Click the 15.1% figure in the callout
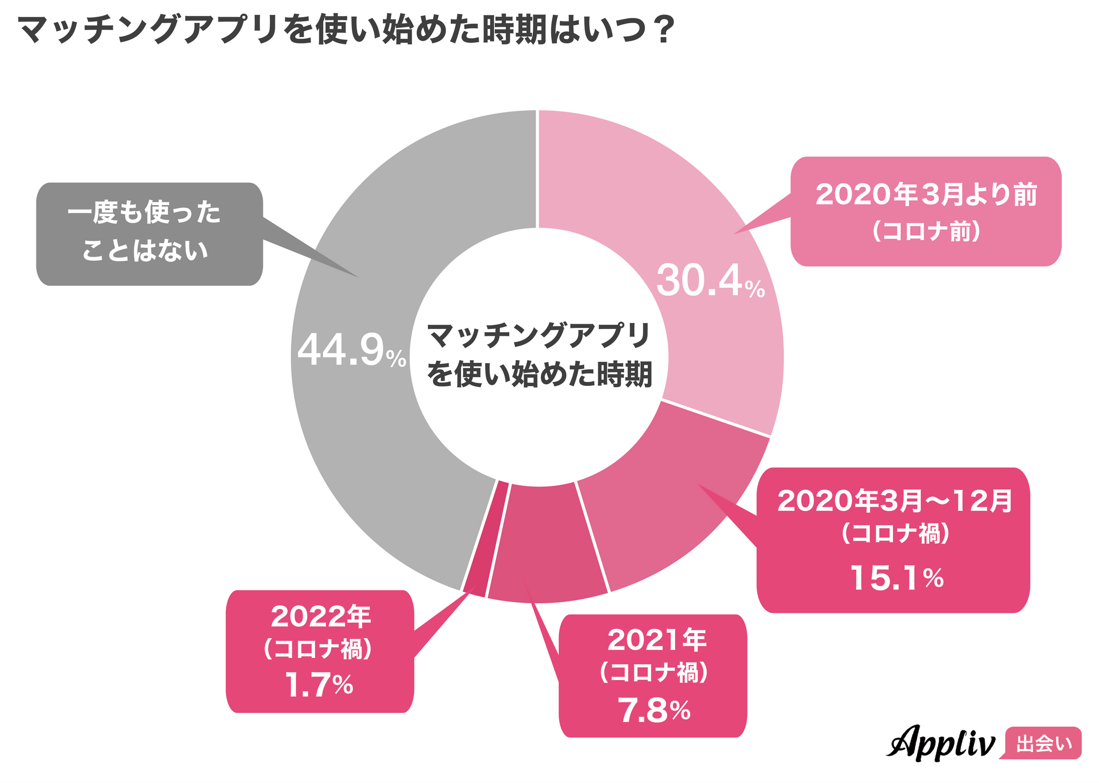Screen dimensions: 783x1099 pos(896,578)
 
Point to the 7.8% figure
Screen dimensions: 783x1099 pos(653,711)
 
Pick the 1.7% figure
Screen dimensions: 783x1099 pos(319,685)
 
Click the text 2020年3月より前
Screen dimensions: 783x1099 pos(926,195)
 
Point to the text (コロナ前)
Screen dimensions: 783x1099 pos(926,232)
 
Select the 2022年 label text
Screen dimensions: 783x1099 pos(320,617)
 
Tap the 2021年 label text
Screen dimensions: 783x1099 pos(657,640)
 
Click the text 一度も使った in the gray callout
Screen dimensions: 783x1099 pos(144,213)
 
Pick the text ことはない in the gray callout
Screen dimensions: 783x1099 pos(144,251)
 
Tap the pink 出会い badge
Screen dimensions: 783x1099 pos(1043,744)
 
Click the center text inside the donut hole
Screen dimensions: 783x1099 pos(539,355)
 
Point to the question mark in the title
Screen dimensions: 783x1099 pos(661,31)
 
